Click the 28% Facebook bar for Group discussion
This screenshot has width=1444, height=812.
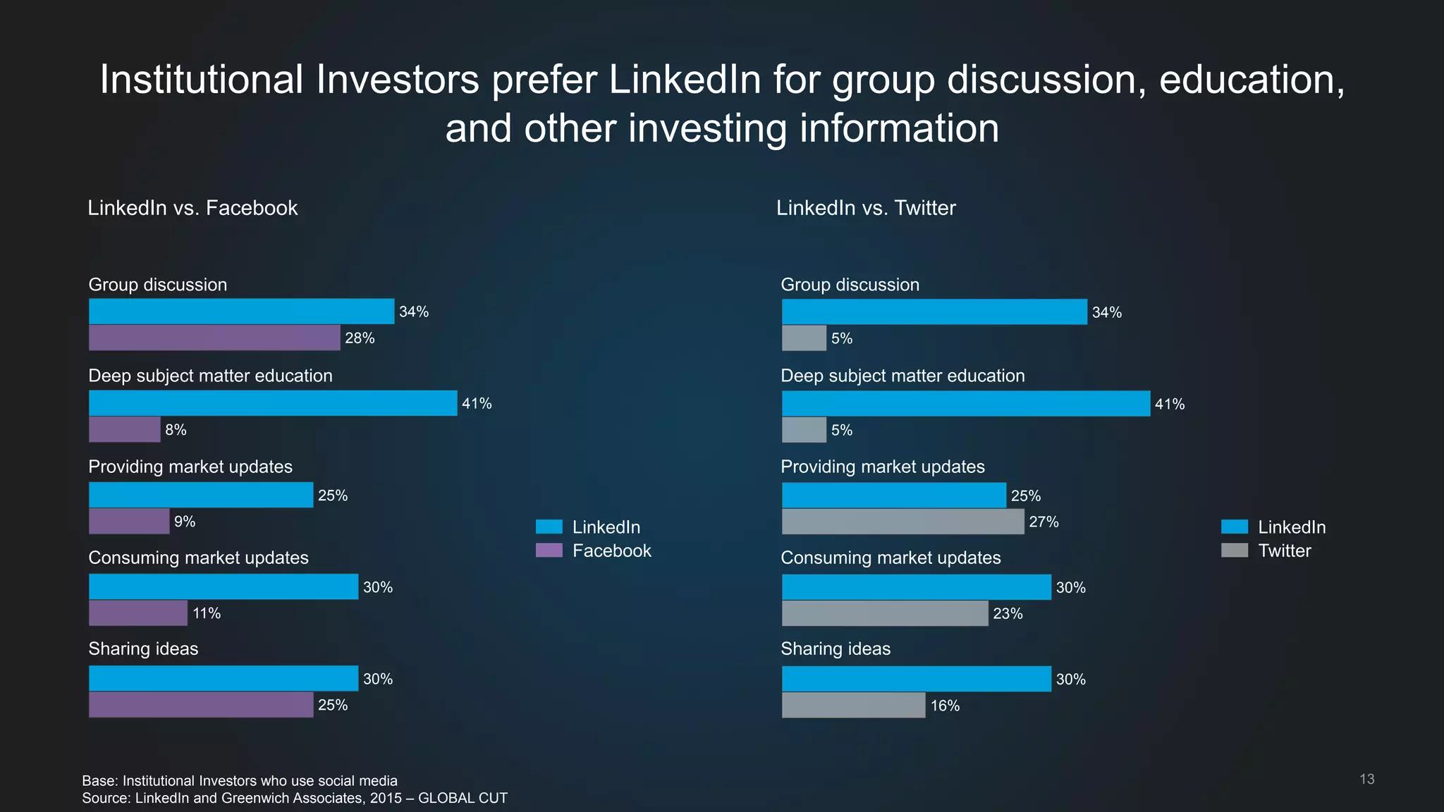214,338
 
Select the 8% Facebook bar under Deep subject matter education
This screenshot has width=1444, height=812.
125,429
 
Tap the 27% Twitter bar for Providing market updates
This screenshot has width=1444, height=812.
902,522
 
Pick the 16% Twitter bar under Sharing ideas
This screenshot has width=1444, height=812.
853,706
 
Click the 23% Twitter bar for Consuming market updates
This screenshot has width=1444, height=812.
885,613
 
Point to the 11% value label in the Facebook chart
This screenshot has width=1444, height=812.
207,613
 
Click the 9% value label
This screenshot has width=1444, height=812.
185,522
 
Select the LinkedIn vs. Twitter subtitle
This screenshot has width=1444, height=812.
866,208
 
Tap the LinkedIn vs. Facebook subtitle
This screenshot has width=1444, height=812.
192,208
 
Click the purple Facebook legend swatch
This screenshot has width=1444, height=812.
549,550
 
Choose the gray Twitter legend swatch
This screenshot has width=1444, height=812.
1235,550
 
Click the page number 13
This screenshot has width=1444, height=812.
1366,779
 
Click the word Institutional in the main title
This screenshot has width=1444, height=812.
201,80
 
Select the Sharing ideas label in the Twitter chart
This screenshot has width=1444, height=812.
836,648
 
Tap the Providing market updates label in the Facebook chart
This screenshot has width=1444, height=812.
190,467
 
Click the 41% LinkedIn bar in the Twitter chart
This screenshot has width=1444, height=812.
966,403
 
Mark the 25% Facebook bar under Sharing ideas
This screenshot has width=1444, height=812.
201,705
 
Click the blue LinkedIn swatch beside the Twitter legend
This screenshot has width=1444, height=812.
1235,527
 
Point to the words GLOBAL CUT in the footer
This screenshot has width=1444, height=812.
463,798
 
